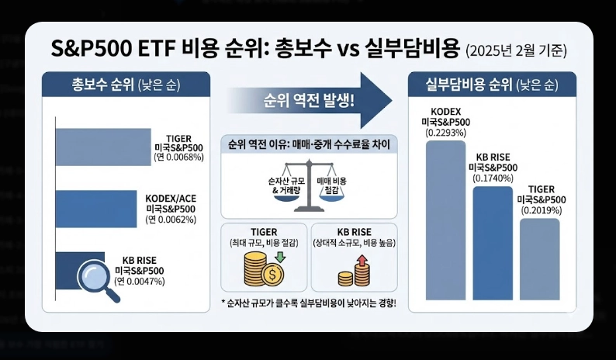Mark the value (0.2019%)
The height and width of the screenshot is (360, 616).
click(540, 210)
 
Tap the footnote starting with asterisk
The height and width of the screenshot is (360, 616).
click(309, 302)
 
